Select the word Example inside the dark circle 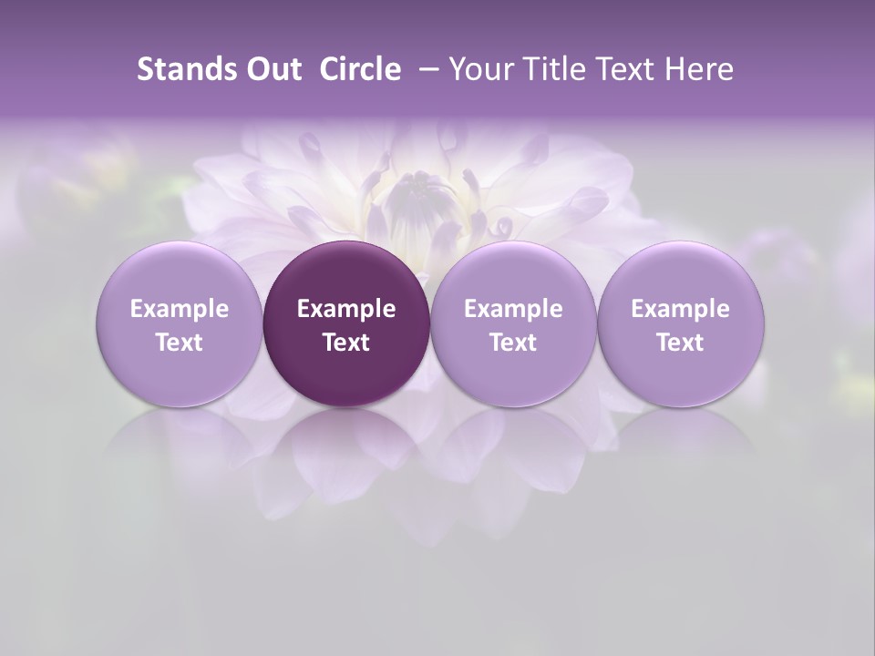pyautogui.click(x=346, y=309)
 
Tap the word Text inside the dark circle pyautogui.click(x=346, y=343)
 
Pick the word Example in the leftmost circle pyautogui.click(x=179, y=309)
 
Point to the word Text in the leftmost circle pyautogui.click(x=179, y=343)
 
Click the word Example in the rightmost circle pyautogui.click(x=681, y=309)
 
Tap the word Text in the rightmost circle pyautogui.click(x=681, y=343)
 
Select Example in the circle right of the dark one pyautogui.click(x=513, y=309)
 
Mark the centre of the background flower pyautogui.click(x=421, y=196)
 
